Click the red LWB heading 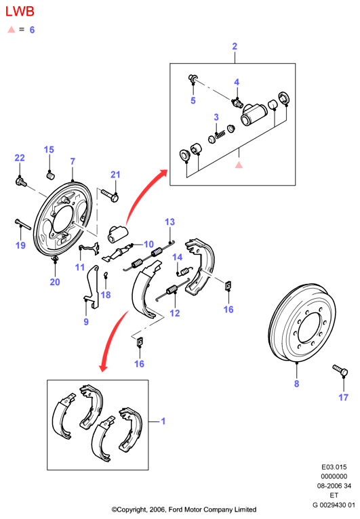(x=20, y=12)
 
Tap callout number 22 (x=20, y=158)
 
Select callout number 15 (x=49, y=150)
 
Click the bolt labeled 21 (x=110, y=196)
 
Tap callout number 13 (x=170, y=222)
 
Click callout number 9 (x=86, y=322)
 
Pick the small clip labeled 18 (x=105, y=274)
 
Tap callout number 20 (x=55, y=282)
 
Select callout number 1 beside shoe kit (x=163, y=421)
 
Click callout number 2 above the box (x=235, y=46)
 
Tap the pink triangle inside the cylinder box (x=239, y=165)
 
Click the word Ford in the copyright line (x=175, y=510)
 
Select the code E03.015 (x=334, y=467)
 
